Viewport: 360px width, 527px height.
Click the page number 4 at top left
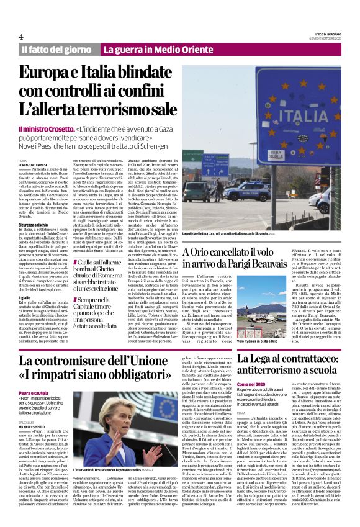click(21, 37)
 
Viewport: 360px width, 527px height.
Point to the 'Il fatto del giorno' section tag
click(56, 49)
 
